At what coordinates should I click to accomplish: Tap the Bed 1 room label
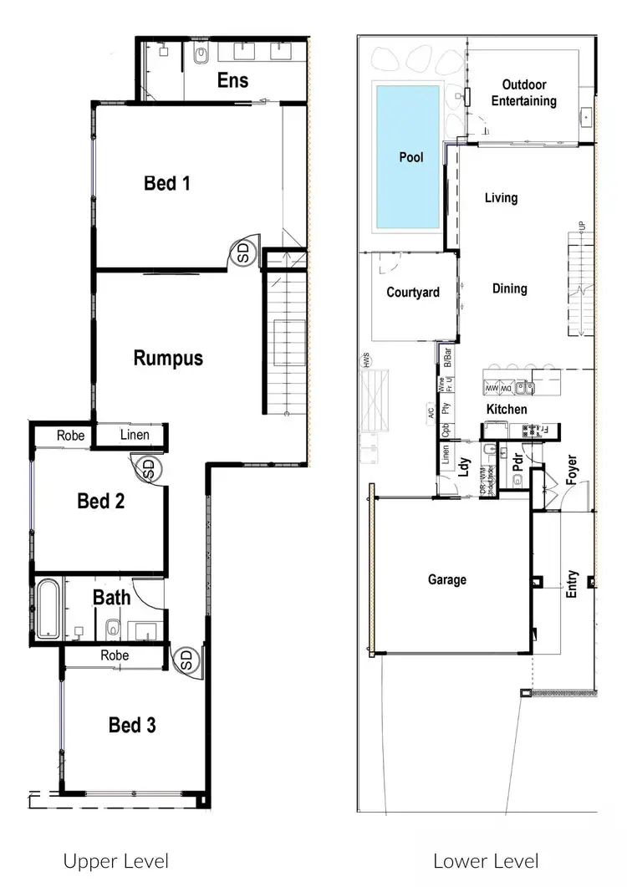pyautogui.click(x=167, y=182)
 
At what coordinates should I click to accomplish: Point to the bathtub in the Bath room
pyautogui.click(x=47, y=609)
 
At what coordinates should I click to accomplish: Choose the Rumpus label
pyautogui.click(x=168, y=359)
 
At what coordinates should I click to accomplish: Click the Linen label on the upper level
pyautogui.click(x=135, y=435)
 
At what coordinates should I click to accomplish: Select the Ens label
pyautogui.click(x=232, y=80)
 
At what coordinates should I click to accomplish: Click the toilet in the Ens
pyautogui.click(x=199, y=55)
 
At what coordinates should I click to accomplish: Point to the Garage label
pyautogui.click(x=447, y=579)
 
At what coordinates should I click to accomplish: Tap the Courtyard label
pyautogui.click(x=413, y=293)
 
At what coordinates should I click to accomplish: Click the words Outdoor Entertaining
pyautogui.click(x=524, y=93)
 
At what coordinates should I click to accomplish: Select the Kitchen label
pyautogui.click(x=507, y=410)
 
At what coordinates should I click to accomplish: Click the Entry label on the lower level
pyautogui.click(x=573, y=584)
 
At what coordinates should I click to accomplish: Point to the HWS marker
pyautogui.click(x=365, y=363)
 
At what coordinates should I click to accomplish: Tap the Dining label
pyautogui.click(x=509, y=288)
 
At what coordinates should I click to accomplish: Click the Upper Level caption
pyautogui.click(x=116, y=861)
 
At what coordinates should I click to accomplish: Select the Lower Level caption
pyautogui.click(x=486, y=861)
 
